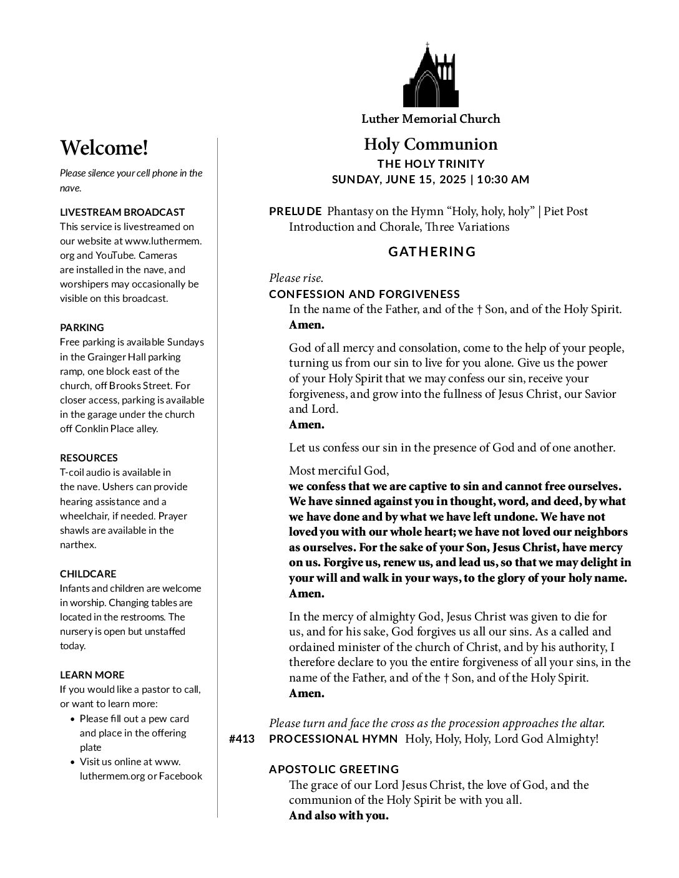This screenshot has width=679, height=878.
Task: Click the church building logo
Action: tap(431, 76)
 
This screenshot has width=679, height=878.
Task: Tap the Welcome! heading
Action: tap(104, 148)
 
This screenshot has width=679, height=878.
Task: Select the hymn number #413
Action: tap(242, 739)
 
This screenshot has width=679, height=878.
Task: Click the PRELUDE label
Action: tap(295, 211)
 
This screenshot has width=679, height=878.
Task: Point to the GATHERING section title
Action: tap(432, 252)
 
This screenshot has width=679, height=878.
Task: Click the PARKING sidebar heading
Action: tap(82, 327)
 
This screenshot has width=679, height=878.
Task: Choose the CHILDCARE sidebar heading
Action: tap(88, 574)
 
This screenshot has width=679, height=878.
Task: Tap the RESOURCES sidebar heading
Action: tap(89, 458)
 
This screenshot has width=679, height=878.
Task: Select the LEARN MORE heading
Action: tap(92, 675)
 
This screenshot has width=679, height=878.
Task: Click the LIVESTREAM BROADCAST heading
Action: tap(122, 212)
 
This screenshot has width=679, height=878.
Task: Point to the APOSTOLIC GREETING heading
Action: tap(334, 769)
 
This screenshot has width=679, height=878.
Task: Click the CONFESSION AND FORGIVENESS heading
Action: tap(364, 294)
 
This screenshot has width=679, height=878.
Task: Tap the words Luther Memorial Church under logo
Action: tap(431, 118)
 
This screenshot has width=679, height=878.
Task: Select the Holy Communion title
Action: tap(431, 145)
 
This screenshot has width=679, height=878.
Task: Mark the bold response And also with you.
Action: tap(338, 816)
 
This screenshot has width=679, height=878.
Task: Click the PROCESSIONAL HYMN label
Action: tap(333, 739)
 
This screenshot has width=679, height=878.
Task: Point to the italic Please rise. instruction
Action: tap(296, 278)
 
